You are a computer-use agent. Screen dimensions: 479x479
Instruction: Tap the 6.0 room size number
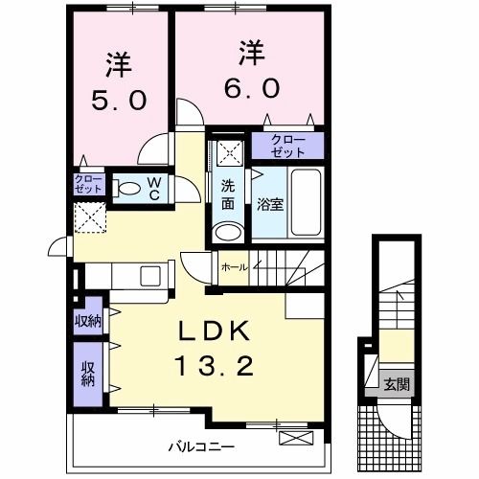coord(252,87)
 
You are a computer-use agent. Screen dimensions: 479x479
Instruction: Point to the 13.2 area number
coord(215,366)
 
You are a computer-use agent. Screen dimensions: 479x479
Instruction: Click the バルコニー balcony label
coord(201,446)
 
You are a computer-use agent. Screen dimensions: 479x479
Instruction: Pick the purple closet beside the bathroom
coord(288,146)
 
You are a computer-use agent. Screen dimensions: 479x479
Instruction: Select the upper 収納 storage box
coord(88,320)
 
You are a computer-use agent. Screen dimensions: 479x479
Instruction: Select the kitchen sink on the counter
coord(152,276)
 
